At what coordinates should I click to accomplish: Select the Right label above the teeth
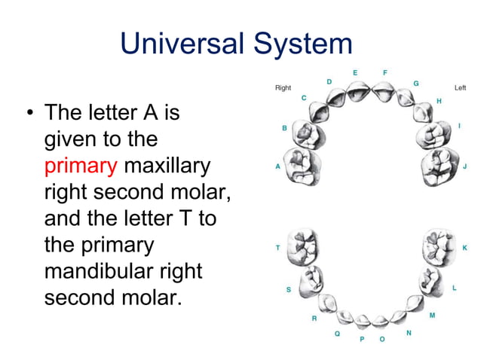coord(283,88)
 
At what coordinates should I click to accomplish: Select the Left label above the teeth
coord(460,88)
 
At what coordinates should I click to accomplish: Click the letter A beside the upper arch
coord(277,166)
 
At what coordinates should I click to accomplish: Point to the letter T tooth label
coord(277,247)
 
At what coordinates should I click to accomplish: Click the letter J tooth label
coord(465,166)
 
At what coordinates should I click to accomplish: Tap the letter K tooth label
coord(464,247)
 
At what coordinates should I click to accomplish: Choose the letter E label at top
coord(355,72)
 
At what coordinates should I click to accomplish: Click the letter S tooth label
coord(288,289)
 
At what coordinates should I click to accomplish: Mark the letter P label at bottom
coord(362,340)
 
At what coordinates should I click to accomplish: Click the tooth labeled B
coord(308,134)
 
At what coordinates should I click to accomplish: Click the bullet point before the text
coord(29,115)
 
